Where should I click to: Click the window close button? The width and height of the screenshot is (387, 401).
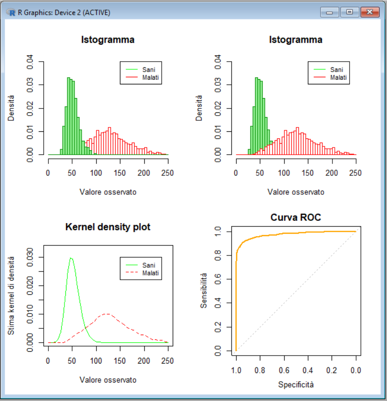pos(370,12)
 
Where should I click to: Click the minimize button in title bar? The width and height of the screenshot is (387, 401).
pos(329,12)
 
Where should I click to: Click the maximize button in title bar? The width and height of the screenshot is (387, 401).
pos(350,12)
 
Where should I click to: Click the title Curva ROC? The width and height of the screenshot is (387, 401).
pos(295,218)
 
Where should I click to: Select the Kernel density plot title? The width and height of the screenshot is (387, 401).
pos(108,227)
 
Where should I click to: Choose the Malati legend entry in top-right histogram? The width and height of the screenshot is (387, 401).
pos(339,77)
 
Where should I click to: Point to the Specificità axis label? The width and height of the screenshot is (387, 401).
pos(295,384)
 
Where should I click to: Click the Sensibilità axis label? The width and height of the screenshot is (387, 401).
pos(204,291)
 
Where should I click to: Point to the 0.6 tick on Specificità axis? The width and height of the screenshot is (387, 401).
pos(284,369)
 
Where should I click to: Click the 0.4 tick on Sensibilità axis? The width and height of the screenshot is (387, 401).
pos(218,303)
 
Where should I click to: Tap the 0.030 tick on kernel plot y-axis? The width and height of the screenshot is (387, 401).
pos(29,257)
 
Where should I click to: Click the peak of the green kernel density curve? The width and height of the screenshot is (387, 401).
pos(71,258)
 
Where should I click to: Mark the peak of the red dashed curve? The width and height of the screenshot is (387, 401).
pos(107,313)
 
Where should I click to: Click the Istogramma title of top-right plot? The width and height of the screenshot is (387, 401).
pos(295,40)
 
